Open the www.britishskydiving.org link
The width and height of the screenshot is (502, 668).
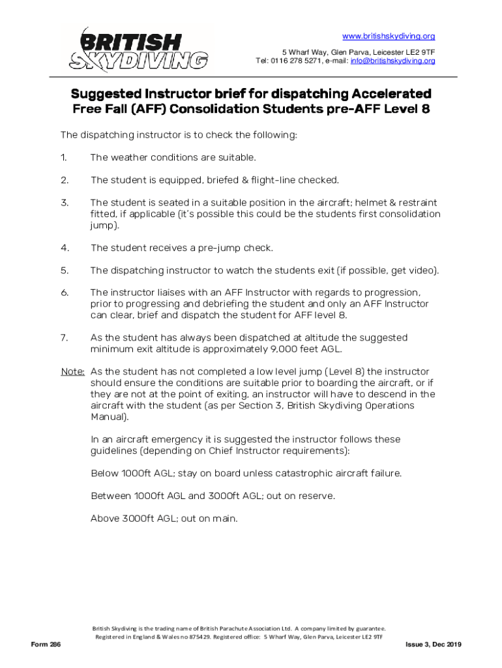(x=389, y=36)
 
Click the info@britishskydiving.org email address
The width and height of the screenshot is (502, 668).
(x=392, y=61)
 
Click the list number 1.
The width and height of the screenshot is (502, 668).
(x=64, y=157)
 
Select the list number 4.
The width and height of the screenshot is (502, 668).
(x=65, y=248)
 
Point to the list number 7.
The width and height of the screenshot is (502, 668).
(x=64, y=337)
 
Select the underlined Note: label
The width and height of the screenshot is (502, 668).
(x=73, y=371)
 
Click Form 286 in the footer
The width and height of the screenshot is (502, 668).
(x=46, y=645)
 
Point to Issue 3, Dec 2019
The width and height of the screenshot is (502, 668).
(x=433, y=645)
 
